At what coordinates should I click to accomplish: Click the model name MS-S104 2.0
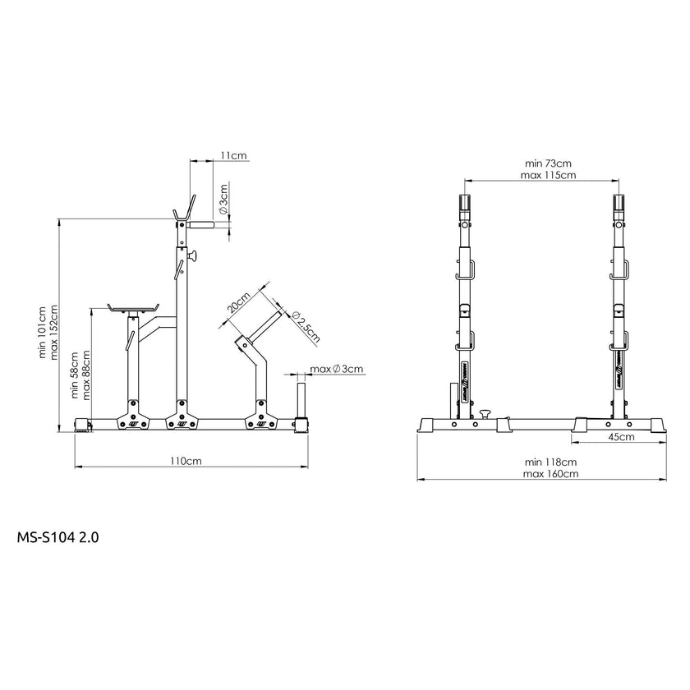click(57, 537)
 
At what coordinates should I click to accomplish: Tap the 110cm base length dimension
click(186, 461)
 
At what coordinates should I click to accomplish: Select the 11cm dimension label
click(233, 155)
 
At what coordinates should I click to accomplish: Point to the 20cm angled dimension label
click(238, 301)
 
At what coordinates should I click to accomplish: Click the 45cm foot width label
click(621, 436)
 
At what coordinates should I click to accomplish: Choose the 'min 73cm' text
click(548, 163)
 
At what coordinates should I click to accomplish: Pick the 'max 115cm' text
click(548, 175)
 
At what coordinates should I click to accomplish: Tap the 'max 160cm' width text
click(550, 474)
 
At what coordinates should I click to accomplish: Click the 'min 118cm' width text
click(550, 462)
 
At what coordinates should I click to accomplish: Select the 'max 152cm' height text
click(53, 332)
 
